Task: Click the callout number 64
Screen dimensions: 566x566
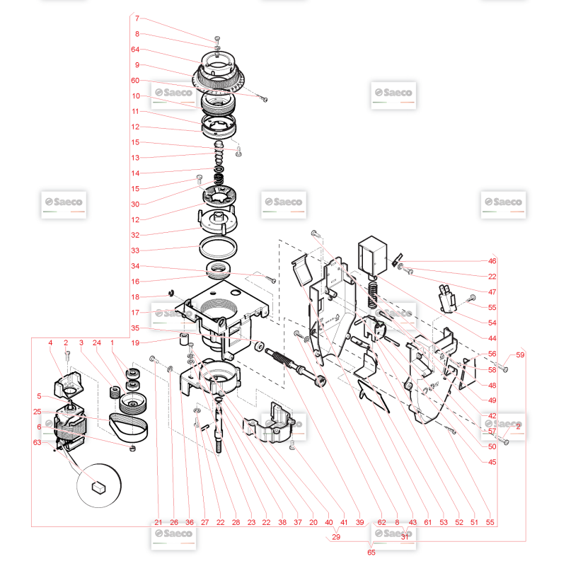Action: click(135, 50)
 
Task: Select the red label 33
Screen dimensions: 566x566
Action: click(135, 250)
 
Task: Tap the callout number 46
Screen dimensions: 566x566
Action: click(492, 261)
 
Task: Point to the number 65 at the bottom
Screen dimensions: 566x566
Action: click(371, 553)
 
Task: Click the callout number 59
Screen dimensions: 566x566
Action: click(520, 355)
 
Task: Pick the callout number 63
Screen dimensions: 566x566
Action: click(37, 442)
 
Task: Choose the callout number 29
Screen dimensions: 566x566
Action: click(335, 537)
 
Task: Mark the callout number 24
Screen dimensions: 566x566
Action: click(96, 342)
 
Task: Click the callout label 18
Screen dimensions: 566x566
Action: click(135, 297)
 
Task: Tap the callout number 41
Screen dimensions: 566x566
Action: click(344, 522)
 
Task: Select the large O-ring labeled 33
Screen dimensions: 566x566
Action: click(218, 248)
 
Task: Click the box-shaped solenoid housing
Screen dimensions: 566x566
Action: click(372, 255)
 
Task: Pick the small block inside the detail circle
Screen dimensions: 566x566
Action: click(98, 487)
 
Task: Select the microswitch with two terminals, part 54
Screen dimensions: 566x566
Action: click(447, 299)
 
